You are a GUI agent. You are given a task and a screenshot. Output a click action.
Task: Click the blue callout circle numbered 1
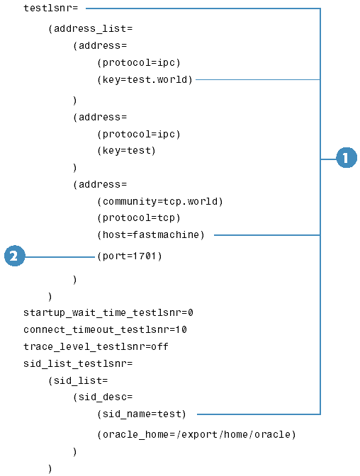tap(347, 157)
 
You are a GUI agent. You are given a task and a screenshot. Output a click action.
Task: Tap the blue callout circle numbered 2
tap(15, 256)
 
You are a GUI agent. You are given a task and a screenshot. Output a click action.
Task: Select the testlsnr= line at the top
tap(51, 8)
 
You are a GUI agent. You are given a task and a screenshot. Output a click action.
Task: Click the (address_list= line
tap(90, 28)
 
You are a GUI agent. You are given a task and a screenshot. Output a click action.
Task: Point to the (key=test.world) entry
tap(145, 79)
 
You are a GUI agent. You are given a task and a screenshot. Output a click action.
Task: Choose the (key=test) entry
tap(126, 151)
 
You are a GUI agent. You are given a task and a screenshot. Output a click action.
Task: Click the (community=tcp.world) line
tap(160, 201)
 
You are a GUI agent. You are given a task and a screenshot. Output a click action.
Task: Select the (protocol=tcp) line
tap(139, 218)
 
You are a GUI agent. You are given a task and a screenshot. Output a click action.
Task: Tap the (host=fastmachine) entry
tap(151, 234)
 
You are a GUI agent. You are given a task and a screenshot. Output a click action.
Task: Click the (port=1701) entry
tap(130, 256)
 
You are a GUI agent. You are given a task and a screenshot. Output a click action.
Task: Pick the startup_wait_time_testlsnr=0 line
tap(108, 312)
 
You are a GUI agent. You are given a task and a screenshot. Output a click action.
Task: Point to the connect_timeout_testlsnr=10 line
tap(105, 329)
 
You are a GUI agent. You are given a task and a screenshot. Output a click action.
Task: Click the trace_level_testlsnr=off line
tap(96, 346)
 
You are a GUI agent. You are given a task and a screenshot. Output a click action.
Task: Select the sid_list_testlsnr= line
tap(78, 363)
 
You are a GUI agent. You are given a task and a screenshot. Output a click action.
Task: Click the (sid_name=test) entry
tap(142, 414)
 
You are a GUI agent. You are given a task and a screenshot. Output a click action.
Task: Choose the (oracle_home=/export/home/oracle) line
tap(196, 435)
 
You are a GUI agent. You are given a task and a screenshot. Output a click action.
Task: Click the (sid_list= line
tap(78, 380)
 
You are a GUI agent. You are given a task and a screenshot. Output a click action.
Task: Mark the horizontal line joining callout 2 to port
tap(60, 257)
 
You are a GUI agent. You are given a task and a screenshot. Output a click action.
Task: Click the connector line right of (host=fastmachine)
tap(267, 235)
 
